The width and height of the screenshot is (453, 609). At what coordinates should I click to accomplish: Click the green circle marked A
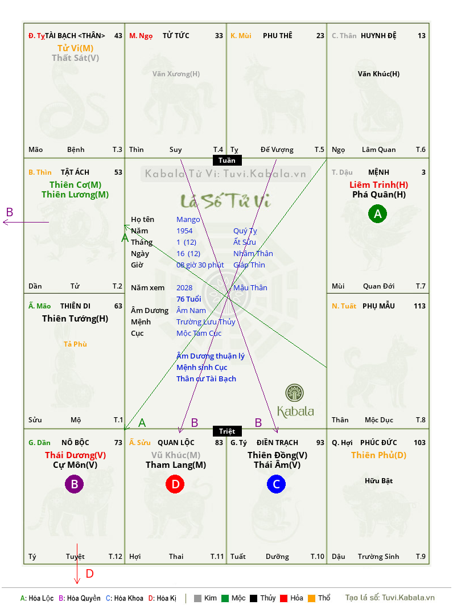pos(378,213)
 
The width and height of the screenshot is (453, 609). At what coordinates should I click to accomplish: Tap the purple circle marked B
pos(74,484)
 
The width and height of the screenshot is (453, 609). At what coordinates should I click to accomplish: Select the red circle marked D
pos(175,484)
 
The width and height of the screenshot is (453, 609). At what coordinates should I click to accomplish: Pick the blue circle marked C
pos(276,484)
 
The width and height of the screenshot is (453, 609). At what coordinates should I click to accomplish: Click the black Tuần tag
pos(227,160)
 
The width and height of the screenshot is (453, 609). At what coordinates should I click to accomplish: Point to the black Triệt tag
pos(227,431)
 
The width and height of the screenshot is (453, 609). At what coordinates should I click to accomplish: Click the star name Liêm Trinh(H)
pos(378,184)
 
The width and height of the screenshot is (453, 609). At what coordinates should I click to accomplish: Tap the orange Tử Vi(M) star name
pos(75,48)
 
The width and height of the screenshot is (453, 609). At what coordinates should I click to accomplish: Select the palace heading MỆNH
pos(378,172)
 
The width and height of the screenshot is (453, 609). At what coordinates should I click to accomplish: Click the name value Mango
pos(188,220)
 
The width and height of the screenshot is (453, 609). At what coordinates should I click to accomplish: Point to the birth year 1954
pos(184,231)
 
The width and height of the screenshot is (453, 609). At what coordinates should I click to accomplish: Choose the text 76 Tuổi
pos(189,299)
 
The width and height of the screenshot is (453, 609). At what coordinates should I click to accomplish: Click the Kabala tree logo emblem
pos(294,393)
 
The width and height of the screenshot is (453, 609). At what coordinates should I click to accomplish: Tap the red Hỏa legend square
pos(283,598)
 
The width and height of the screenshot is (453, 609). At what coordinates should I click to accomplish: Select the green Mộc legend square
pos(225,598)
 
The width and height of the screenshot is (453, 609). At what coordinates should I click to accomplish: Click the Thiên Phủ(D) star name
pos(378,455)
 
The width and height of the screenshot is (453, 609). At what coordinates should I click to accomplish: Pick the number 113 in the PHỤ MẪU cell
pos(419,306)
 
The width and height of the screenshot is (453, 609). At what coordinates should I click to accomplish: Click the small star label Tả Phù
pos(75,344)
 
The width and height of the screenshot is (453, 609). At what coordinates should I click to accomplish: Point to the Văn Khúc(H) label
pos(378,74)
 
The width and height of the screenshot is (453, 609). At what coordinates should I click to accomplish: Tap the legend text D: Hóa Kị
pos(162,598)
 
